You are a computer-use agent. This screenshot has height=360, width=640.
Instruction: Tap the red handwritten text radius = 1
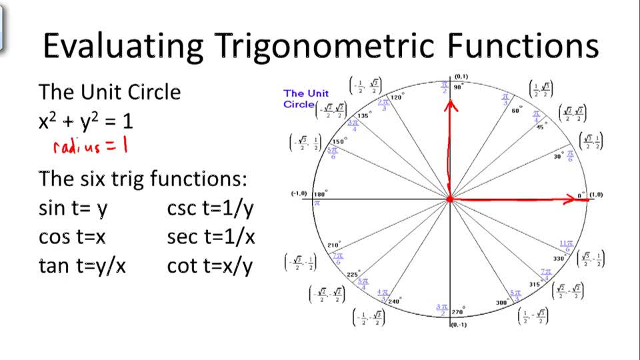pyautogui.click(x=89, y=146)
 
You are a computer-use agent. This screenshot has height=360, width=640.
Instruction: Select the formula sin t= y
pyautogui.click(x=73, y=209)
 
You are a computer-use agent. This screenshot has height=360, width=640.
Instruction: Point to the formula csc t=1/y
pyautogui.click(x=211, y=209)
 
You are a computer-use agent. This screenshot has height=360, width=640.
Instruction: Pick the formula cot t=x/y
pyautogui.click(x=211, y=266)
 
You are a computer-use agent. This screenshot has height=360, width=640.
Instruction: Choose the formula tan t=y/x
pyautogui.click(x=82, y=266)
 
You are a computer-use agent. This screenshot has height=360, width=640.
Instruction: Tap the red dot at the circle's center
pyautogui.click(x=450, y=199)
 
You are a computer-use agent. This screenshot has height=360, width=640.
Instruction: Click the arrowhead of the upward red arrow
pyautogui.click(x=451, y=104)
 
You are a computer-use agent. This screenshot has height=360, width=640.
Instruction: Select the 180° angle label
pyautogui.click(x=321, y=193)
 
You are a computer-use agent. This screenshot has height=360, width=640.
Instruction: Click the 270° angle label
pyautogui.click(x=457, y=311)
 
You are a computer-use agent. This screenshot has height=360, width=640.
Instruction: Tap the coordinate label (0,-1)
pyautogui.click(x=459, y=325)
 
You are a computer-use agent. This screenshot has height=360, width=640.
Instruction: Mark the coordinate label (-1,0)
pyautogui.click(x=298, y=193)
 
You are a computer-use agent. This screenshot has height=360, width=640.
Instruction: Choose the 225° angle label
pyautogui.click(x=353, y=274)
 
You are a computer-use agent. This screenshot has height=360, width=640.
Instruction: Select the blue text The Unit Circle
pyautogui.click(x=305, y=99)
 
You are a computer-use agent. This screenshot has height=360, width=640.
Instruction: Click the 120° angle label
pyautogui.click(x=396, y=97)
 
